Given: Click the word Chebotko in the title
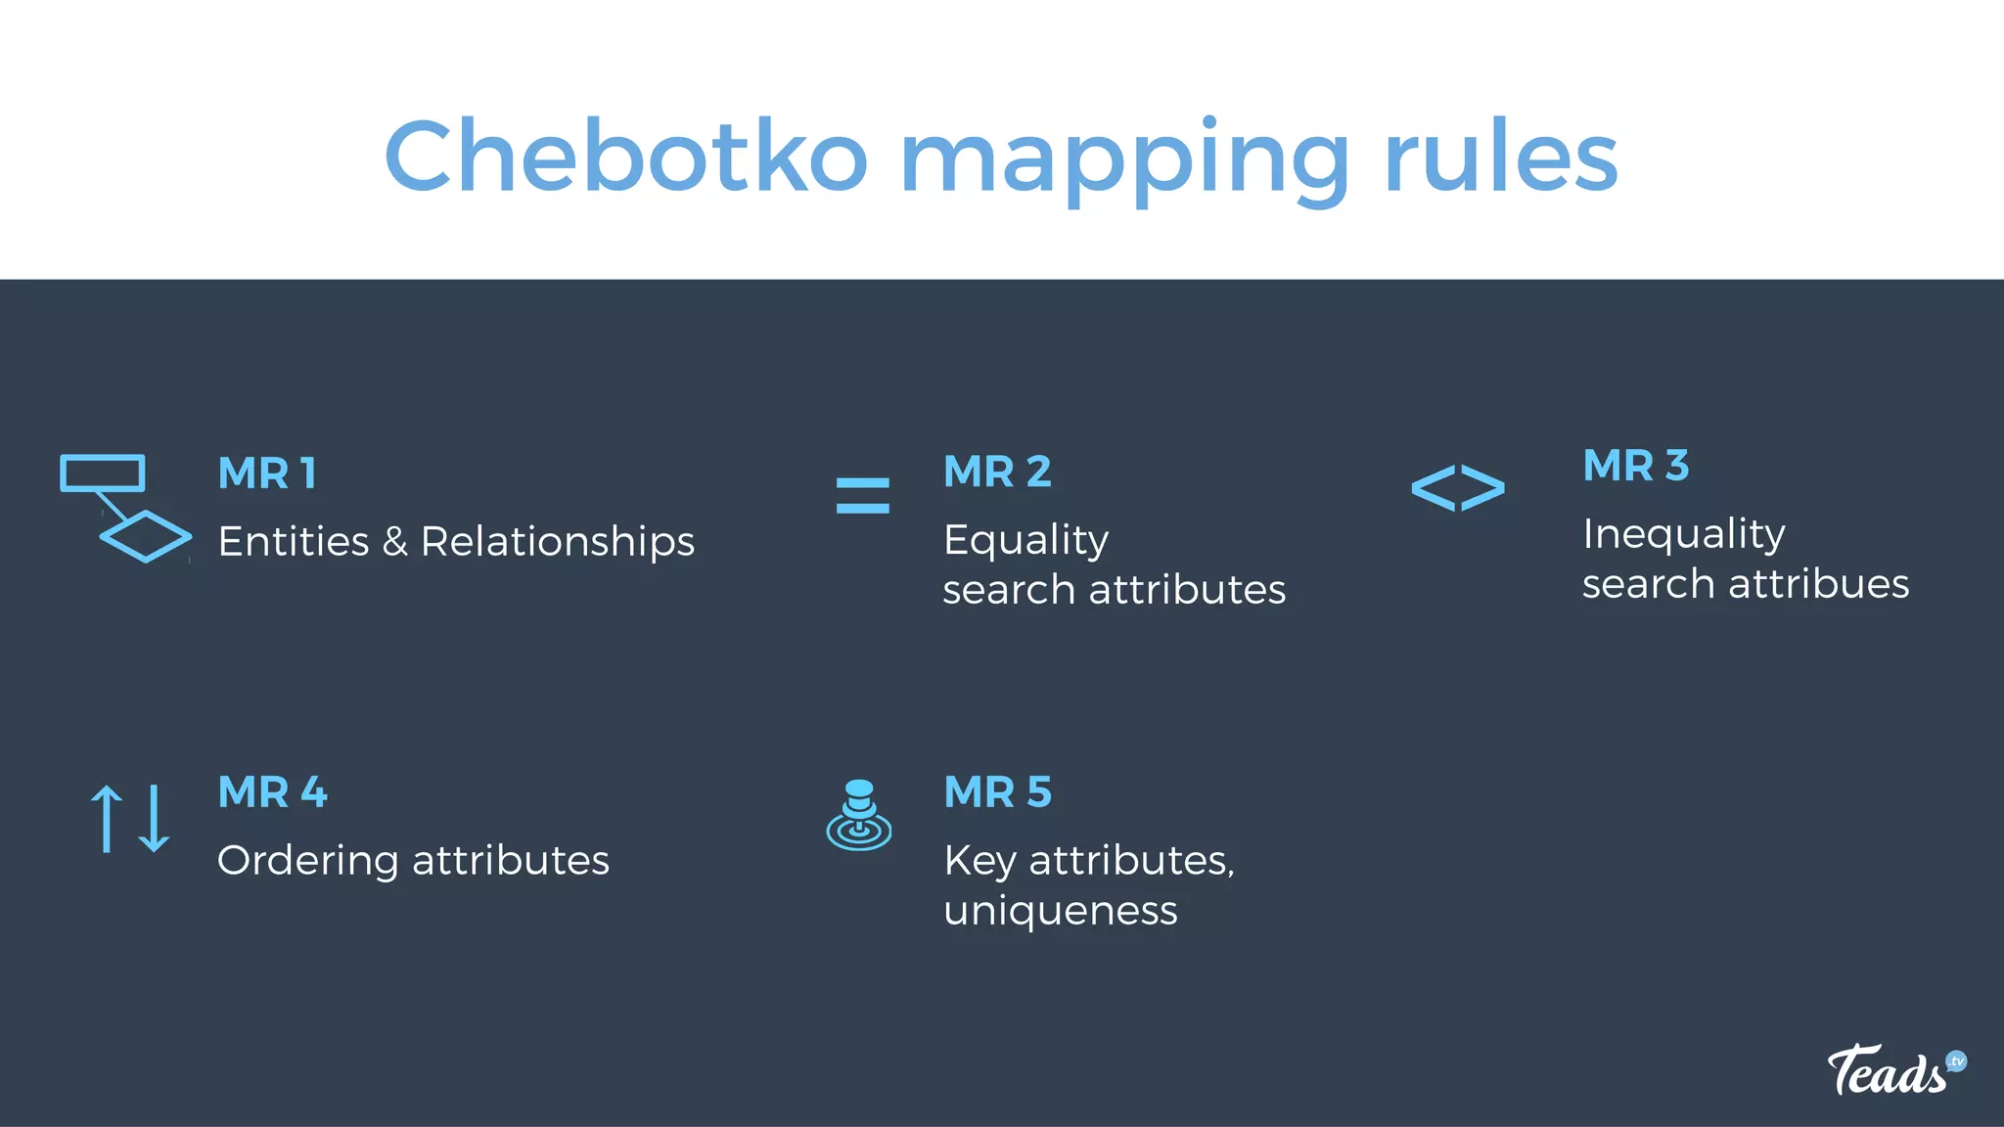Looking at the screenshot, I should (626, 157).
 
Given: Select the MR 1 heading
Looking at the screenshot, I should (267, 473).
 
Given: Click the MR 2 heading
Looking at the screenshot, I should (997, 472).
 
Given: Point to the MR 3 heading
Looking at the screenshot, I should (1636, 466).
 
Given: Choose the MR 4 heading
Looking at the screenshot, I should (272, 791).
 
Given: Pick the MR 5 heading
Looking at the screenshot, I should (997, 791).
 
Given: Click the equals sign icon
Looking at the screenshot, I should (862, 495).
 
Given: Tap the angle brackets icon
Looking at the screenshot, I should (1457, 488).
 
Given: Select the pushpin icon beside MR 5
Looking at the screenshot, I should (859, 815).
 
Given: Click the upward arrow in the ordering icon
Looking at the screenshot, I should (106, 818).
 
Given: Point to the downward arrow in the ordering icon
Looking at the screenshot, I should (155, 818).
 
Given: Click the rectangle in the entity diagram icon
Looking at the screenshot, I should (103, 473).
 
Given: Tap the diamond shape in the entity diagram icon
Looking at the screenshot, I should (146, 536).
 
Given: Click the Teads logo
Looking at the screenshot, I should (1894, 1069).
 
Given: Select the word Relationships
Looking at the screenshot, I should (557, 542).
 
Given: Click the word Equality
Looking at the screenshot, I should (1025, 540).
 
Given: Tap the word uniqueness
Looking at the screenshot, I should (1061, 911).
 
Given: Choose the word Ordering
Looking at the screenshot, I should (307, 861).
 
